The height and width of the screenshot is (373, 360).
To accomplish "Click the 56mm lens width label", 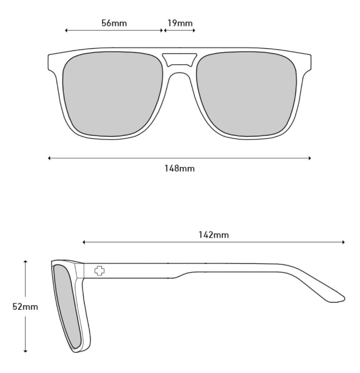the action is coord(114,23).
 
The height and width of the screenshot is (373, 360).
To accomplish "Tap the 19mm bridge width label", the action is coord(180,23).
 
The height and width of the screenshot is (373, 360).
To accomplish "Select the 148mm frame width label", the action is coord(180,168).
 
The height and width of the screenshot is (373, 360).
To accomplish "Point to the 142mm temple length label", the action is coord(214,235).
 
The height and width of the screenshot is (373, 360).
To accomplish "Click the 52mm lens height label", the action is coord(25,307).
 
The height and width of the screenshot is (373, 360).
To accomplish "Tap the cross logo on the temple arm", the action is coord(100,271).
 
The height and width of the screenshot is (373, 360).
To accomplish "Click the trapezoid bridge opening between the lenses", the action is coord(180,59).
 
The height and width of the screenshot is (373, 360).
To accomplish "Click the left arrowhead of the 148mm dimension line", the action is coord(49,158).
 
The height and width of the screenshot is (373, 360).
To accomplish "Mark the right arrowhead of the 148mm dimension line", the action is coord(309,158).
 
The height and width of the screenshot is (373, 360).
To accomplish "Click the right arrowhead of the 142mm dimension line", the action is coord(344,242).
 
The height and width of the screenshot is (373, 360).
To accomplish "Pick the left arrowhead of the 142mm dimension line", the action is coord(84,242).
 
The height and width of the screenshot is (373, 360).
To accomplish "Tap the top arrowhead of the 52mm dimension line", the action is coord(25,262).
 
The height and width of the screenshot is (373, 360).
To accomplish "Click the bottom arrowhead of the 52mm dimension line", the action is coord(25,351).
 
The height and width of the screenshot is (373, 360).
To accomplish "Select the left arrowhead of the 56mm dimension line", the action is coord(66,30).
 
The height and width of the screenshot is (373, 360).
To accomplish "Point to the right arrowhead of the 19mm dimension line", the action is coord(194,30).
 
